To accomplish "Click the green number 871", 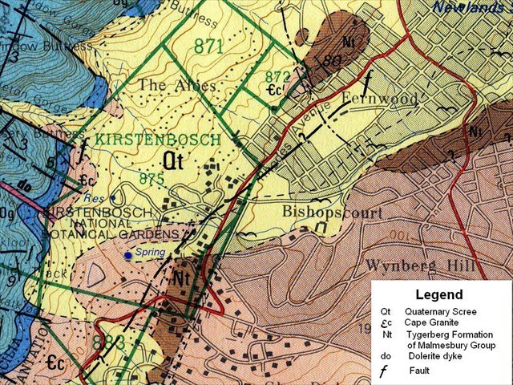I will pos(208,47).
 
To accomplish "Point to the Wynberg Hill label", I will pos(419,265).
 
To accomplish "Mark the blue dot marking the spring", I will pos(127,255).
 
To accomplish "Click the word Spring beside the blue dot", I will pos(150,253).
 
